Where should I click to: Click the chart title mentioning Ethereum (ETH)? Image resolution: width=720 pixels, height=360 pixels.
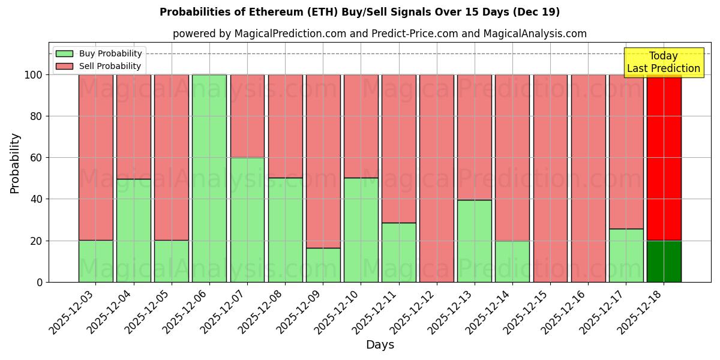(x=359, y=12)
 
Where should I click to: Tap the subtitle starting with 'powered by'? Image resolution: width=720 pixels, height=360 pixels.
(x=379, y=34)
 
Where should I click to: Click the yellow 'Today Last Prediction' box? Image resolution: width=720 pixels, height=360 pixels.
(x=663, y=62)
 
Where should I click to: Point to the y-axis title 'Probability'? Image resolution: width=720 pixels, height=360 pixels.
(x=15, y=163)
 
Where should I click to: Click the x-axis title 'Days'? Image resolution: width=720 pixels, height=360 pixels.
(x=379, y=345)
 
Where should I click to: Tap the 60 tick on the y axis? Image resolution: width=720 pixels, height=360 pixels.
(x=37, y=158)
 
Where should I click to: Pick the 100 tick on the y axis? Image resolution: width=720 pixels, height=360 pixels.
(x=34, y=75)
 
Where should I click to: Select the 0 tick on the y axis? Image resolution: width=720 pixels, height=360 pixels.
(x=40, y=282)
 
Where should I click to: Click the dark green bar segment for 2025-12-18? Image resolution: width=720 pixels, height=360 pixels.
(x=664, y=262)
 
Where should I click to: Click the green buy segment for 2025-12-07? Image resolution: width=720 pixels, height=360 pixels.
(x=247, y=220)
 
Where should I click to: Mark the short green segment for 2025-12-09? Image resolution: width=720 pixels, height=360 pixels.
(x=323, y=265)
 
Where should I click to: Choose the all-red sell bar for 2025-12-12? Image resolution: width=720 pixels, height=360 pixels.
(x=436, y=178)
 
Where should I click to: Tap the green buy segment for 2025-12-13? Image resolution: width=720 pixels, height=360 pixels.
(x=474, y=241)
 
